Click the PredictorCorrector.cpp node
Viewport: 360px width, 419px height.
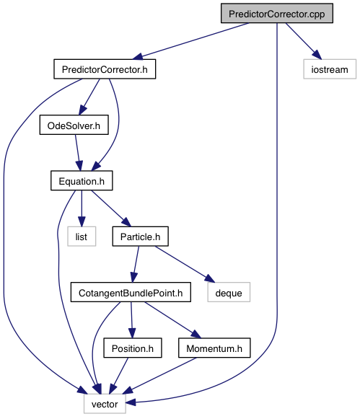pyautogui.click(x=276, y=14)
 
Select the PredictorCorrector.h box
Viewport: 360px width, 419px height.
pyautogui.click(x=105, y=69)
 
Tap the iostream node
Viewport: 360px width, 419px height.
pyautogui.click(x=330, y=69)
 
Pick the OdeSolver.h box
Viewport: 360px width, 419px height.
pyautogui.click(x=74, y=125)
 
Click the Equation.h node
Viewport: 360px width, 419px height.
pyautogui.click(x=82, y=181)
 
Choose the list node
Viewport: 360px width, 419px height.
pyautogui.click(x=82, y=237)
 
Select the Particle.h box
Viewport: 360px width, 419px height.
pyautogui.click(x=140, y=237)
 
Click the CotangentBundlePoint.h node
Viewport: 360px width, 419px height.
pyautogui.click(x=131, y=292)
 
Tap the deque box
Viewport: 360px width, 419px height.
pyautogui.click(x=229, y=292)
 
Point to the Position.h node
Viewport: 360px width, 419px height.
pyautogui.click(x=133, y=348)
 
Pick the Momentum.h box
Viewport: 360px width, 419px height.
pyautogui.click(x=214, y=348)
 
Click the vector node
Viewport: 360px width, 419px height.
pyautogui.click(x=105, y=404)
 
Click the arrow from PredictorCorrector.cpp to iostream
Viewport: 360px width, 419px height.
pyautogui.click(x=303, y=41)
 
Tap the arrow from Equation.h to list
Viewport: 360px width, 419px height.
pyautogui.click(x=82, y=208)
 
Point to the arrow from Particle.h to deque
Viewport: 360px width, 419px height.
pyautogui.click(x=185, y=264)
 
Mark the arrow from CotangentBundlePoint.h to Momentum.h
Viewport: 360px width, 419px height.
pyautogui.click(x=172, y=320)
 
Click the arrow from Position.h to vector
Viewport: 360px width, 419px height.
pyautogui.click(x=118, y=376)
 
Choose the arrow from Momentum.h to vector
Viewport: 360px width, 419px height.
pyautogui.click(x=159, y=376)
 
